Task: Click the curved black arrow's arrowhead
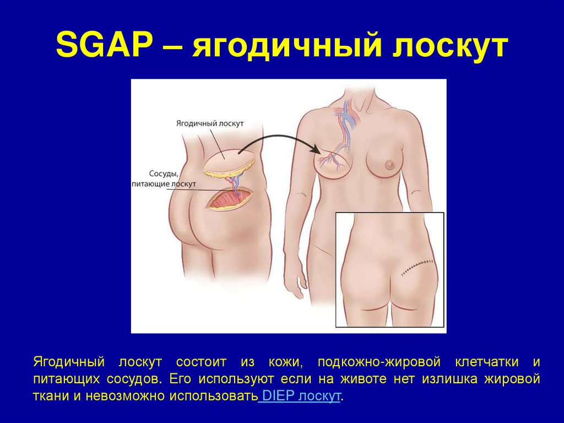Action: pyautogui.click(x=316, y=149)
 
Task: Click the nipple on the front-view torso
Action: pyautogui.click(x=390, y=164)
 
